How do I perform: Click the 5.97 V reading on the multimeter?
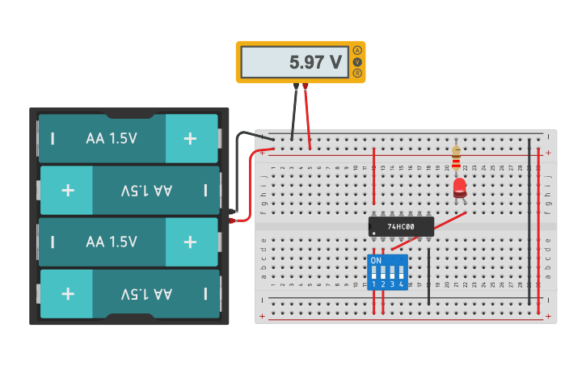point(315,62)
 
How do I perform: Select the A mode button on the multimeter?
point(357,50)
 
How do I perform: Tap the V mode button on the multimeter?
point(357,62)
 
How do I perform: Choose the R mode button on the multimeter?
point(357,74)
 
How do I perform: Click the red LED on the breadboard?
point(459,188)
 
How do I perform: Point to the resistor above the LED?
point(457,158)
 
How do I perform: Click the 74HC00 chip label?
point(401,227)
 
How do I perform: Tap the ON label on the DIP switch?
point(376,261)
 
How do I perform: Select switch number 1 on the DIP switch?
point(375,272)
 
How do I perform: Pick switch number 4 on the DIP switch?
point(401,272)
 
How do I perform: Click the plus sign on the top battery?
point(190,138)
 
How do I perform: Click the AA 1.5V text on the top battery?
point(112,138)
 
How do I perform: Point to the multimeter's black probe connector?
point(296,86)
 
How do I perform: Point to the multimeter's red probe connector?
point(306,86)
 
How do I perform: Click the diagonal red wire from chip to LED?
point(449,221)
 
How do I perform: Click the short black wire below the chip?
point(429,275)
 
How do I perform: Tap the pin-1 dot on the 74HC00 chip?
point(374,233)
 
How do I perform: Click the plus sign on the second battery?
point(68,191)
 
